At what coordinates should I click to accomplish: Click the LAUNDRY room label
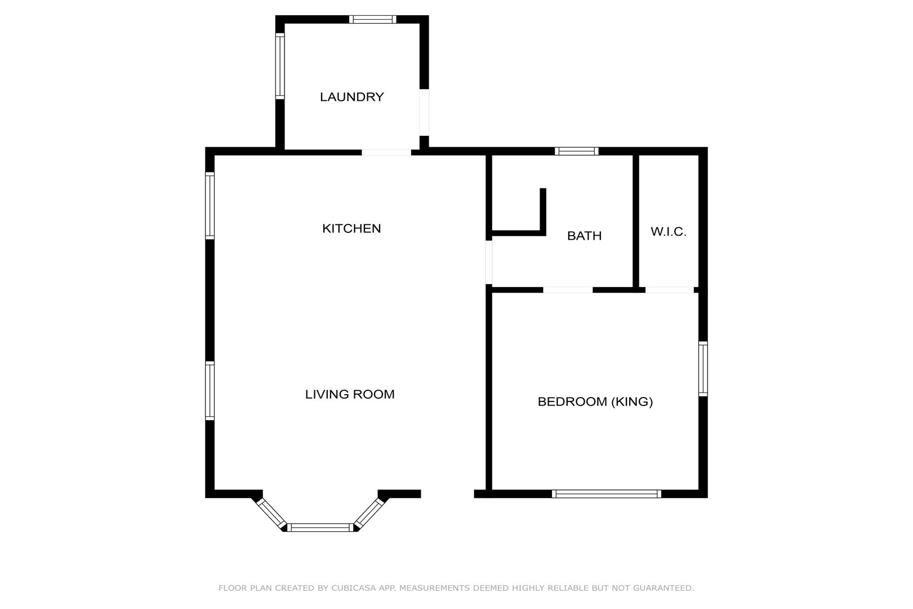tap(352, 97)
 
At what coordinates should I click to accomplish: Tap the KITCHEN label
tap(351, 228)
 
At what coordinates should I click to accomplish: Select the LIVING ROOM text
tap(350, 394)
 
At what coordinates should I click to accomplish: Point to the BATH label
tap(584, 236)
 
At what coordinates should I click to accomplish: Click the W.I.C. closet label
tap(669, 232)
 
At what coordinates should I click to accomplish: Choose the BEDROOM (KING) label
tap(595, 401)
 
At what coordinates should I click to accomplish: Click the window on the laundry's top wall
tap(372, 19)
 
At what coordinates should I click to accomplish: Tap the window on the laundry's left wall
tap(279, 66)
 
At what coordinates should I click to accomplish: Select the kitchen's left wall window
tap(210, 206)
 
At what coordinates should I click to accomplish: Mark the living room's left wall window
tap(210, 391)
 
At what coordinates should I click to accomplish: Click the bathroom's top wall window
tap(576, 151)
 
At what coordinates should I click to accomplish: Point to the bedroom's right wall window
tap(703, 369)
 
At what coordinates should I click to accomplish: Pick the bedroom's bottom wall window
tap(607, 494)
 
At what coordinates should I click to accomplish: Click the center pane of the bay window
tap(320, 527)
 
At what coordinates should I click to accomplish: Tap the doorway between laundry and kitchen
tap(386, 152)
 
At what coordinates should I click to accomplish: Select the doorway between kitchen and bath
tap(489, 262)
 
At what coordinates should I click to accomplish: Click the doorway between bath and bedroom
tap(568, 290)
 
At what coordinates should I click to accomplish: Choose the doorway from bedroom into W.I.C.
tap(670, 290)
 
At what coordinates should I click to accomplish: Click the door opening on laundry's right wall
tap(424, 112)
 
